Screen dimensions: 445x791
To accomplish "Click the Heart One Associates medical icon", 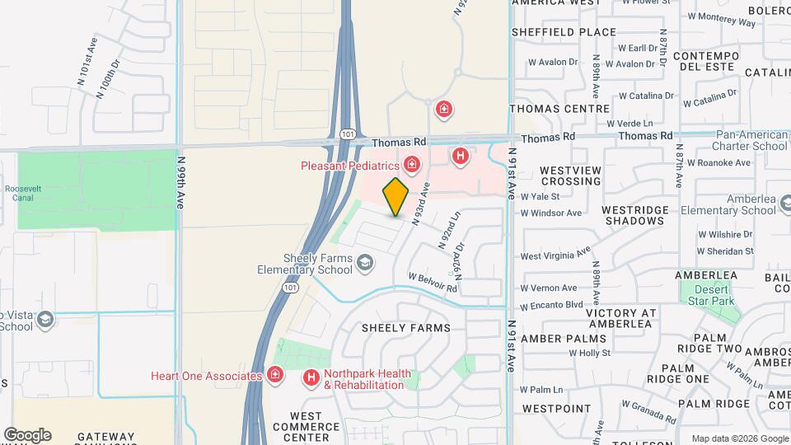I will [x=275, y=377].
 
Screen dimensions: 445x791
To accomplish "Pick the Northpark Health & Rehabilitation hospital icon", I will [x=311, y=378].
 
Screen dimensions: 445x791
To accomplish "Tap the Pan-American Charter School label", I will [x=740, y=140].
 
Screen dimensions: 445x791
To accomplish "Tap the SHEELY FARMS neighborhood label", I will [x=407, y=328].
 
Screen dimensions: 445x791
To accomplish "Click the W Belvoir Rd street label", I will [x=432, y=283].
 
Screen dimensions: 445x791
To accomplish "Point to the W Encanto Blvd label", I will [x=551, y=304].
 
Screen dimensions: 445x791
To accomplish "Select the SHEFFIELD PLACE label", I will [x=564, y=32].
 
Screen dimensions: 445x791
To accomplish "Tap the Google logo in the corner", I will [x=27, y=435].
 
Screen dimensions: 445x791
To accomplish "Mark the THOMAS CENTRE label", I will [x=559, y=109].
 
